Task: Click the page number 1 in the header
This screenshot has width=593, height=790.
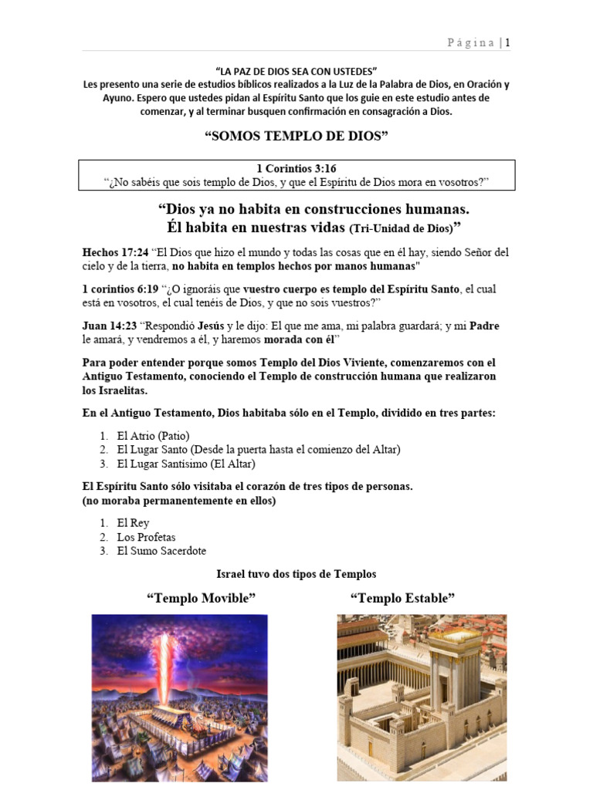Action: pos(507,43)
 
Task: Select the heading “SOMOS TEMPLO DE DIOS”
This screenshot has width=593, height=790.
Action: pos(296,137)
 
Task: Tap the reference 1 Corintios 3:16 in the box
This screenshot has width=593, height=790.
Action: pos(296,168)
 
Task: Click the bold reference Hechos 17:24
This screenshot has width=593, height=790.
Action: pos(115,252)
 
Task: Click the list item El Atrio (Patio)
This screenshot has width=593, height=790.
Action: pos(153,435)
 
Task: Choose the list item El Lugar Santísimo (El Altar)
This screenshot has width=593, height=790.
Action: pos(185,464)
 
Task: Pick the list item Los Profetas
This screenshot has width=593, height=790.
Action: pos(146,537)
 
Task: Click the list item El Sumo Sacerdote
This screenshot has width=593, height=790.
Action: pos(161,551)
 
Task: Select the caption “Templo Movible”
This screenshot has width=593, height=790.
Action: pos(201,598)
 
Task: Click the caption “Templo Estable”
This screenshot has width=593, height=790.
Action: pos(402,598)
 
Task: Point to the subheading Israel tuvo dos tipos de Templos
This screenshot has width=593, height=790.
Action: pos(296,574)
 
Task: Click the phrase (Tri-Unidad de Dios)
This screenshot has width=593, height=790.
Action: pos(400,229)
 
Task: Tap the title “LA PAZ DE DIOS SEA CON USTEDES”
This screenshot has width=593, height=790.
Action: pos(296,71)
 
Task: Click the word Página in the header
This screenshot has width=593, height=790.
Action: pos(471,43)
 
